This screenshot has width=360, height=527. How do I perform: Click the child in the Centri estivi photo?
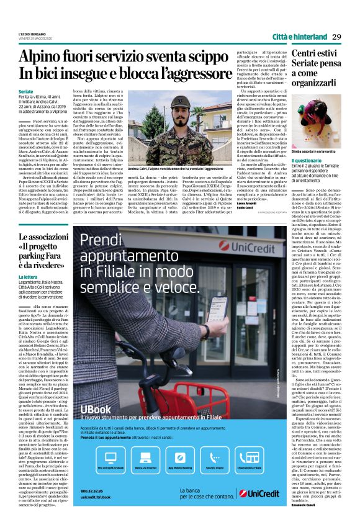[x=310, y=122]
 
